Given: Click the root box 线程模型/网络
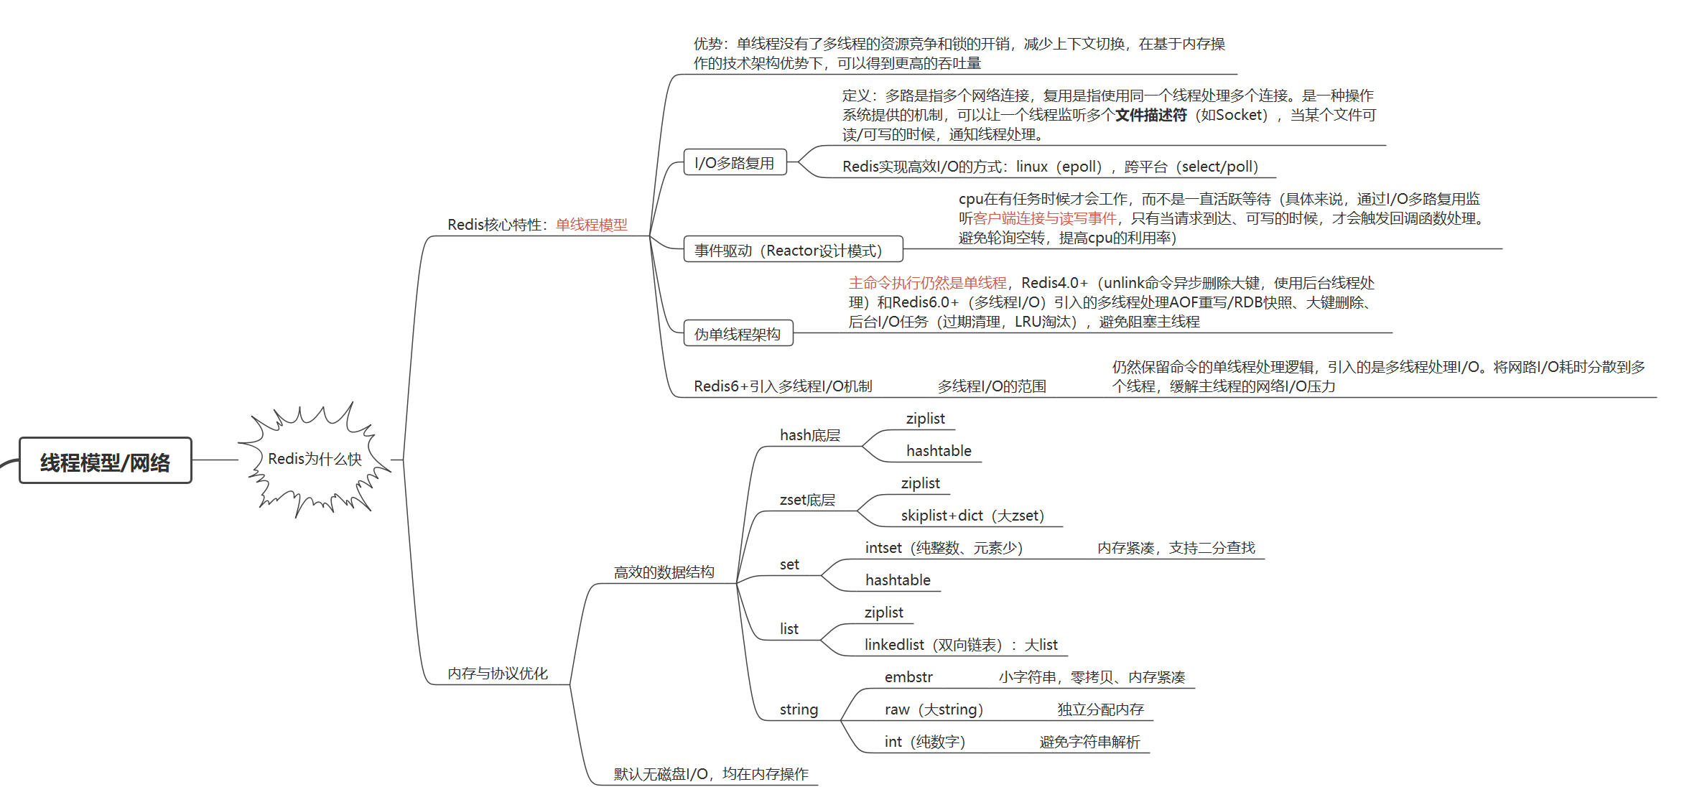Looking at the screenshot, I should [106, 461].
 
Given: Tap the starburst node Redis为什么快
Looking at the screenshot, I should [315, 459].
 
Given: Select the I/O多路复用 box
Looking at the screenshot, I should [735, 163].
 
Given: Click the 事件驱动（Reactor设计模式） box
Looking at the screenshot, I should [792, 250].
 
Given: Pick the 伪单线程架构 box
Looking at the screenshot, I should [738, 334].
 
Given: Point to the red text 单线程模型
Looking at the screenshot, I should [591, 225].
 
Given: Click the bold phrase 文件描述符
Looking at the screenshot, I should [1150, 115].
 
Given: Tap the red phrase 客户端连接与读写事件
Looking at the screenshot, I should [1044, 218].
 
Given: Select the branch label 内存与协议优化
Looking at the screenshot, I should [497, 674].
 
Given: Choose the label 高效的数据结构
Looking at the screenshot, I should [664, 572].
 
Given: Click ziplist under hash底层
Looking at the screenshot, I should [925, 419].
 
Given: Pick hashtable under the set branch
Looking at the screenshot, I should [898, 580].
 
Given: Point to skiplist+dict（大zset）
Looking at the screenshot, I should [972, 516].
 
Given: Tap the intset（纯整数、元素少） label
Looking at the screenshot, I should [944, 548].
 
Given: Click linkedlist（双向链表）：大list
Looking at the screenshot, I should [961, 645].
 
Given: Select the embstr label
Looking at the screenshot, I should [908, 677].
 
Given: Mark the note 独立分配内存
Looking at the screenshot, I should [1100, 709].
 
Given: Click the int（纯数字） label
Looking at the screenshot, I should [925, 742].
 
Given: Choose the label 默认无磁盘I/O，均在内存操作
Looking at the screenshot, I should [711, 774].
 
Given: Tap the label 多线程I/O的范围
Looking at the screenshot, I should [992, 386].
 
